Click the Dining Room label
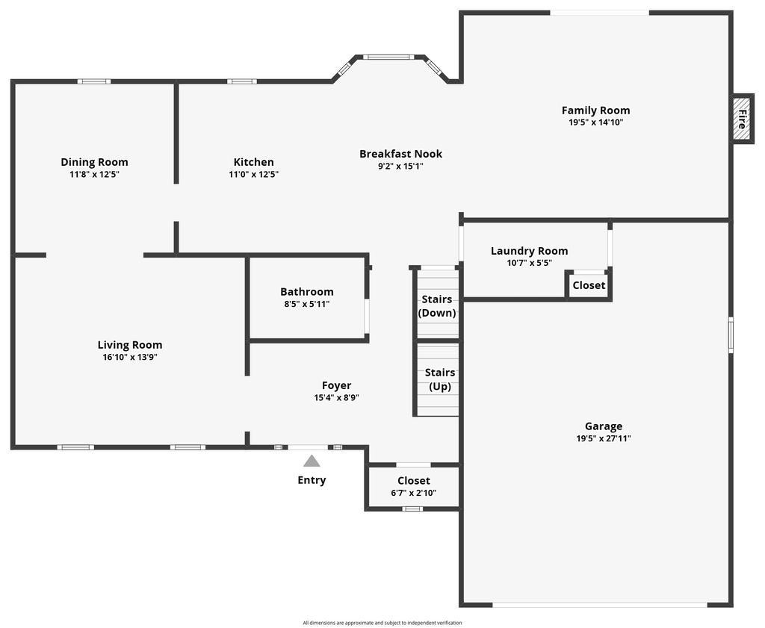[x=94, y=162]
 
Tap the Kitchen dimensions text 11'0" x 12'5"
[x=253, y=175]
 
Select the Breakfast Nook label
[x=400, y=154]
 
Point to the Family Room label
[x=595, y=111]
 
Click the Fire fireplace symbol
[x=742, y=119]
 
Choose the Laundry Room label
[x=529, y=251]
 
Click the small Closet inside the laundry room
[x=589, y=285]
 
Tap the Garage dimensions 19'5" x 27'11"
[x=603, y=439]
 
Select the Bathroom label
[x=306, y=292]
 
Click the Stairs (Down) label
[x=436, y=306]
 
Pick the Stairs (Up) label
[x=439, y=379]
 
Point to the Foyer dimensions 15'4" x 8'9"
[x=336, y=398]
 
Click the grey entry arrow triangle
[x=312, y=461]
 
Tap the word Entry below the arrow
[x=312, y=480]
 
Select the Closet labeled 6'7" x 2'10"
[x=413, y=486]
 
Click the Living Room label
[x=130, y=345]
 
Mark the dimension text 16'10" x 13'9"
[x=130, y=357]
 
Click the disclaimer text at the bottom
[x=382, y=623]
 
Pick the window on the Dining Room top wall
[x=94, y=81]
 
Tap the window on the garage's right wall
[x=731, y=335]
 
